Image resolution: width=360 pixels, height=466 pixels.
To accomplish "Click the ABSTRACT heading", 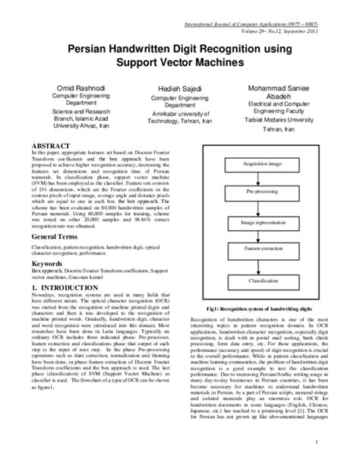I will pyautogui.click(x=49, y=144).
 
